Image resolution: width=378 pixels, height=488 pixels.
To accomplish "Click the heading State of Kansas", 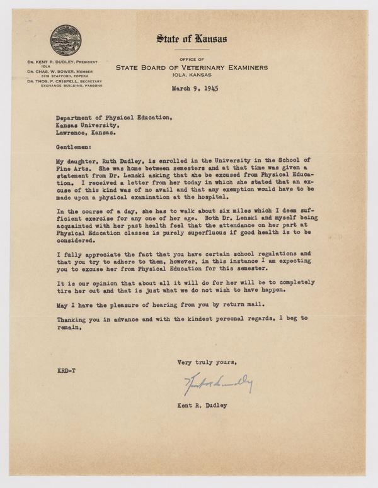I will (192, 39).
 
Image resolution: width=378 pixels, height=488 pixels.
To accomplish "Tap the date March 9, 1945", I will (195, 89).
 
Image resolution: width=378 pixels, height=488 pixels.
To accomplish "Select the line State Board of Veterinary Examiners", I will (192, 67).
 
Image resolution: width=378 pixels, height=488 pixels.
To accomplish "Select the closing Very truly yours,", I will (207, 363).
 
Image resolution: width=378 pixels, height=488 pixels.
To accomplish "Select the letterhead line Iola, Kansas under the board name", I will (192, 75).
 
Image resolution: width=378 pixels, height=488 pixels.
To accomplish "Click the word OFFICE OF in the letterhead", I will (192, 59).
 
